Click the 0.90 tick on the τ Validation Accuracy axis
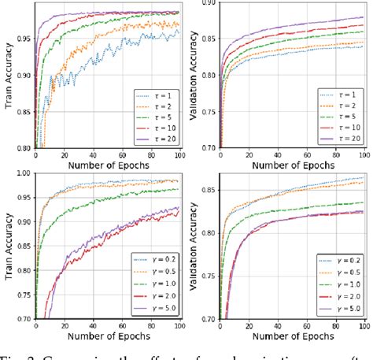pyautogui.click(x=210, y=4)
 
